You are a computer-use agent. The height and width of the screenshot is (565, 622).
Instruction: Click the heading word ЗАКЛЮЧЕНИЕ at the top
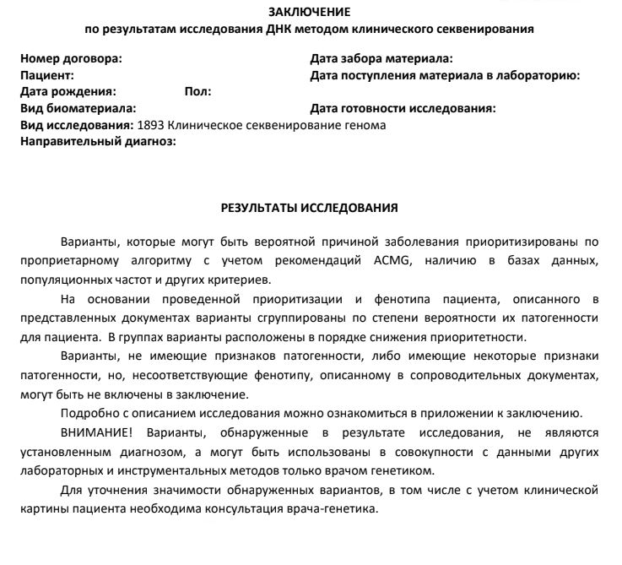click(309, 12)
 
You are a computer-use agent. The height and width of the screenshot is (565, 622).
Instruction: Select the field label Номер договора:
click(71, 58)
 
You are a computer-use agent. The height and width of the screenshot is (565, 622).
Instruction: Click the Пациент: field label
click(47, 75)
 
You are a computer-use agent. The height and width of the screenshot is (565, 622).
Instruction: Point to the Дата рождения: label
click(68, 92)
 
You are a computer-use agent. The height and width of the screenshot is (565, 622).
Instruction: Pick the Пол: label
click(197, 92)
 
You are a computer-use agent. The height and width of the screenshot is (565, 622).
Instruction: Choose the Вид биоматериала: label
click(78, 109)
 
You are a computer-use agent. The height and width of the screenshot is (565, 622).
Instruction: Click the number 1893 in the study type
click(150, 125)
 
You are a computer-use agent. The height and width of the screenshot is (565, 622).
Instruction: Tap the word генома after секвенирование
click(364, 125)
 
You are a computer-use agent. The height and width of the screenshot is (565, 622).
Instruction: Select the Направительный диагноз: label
click(97, 142)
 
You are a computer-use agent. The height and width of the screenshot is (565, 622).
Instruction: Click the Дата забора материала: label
click(381, 58)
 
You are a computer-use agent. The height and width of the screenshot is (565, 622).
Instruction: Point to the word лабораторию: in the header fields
click(538, 75)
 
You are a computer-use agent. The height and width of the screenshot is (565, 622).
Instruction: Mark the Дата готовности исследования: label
click(403, 109)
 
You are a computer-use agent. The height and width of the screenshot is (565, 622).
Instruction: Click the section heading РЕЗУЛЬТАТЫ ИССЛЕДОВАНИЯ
click(309, 207)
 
